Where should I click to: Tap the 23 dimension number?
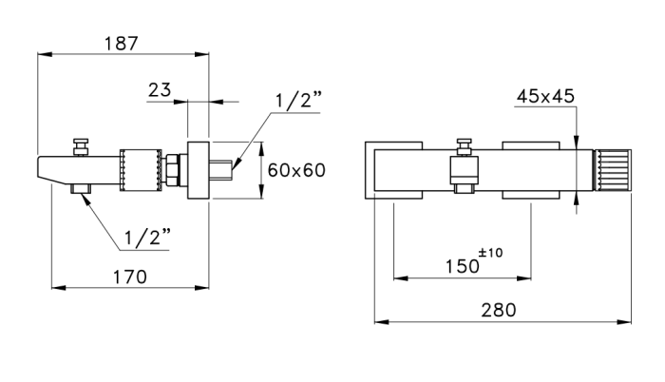[160, 90]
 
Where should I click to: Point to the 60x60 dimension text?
[296, 170]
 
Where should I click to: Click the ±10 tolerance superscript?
[491, 252]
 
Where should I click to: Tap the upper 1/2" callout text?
[299, 102]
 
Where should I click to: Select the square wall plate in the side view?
[199, 171]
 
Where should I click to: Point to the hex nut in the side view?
[176, 172]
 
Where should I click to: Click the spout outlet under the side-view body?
[82, 193]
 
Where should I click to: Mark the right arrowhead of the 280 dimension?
[626, 322]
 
